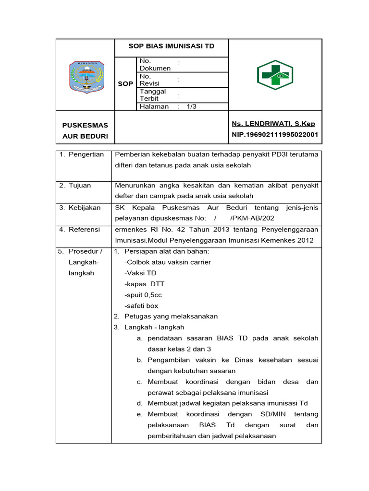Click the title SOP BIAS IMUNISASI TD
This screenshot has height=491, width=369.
[171, 46]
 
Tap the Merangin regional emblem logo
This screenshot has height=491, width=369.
[86, 77]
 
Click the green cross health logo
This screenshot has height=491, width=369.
[275, 75]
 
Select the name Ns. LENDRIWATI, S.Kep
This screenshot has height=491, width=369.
[273, 124]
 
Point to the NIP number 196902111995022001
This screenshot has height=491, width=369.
[275, 135]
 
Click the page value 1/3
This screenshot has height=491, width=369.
[192, 106]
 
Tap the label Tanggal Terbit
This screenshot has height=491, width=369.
[153, 95]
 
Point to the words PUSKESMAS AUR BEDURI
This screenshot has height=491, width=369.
[86, 131]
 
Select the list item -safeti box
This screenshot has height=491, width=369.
[141, 305]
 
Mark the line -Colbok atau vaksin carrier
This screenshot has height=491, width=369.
[167, 262]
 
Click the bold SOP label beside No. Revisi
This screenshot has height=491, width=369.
[125, 83]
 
